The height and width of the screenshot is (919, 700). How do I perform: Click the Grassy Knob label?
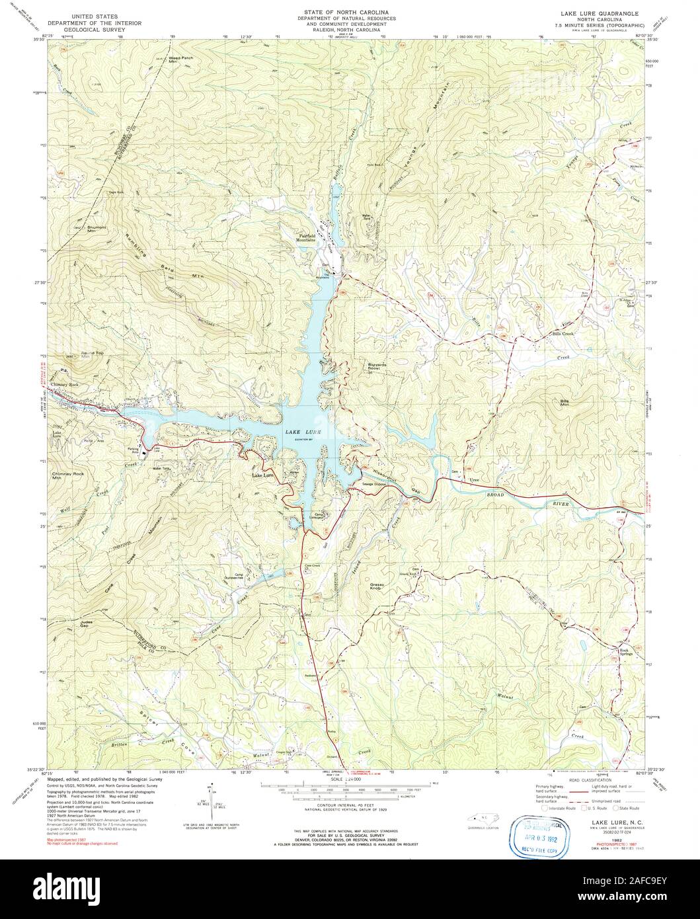pos(377,584)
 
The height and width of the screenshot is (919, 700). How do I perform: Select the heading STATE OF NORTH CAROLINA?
pos(337,12)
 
